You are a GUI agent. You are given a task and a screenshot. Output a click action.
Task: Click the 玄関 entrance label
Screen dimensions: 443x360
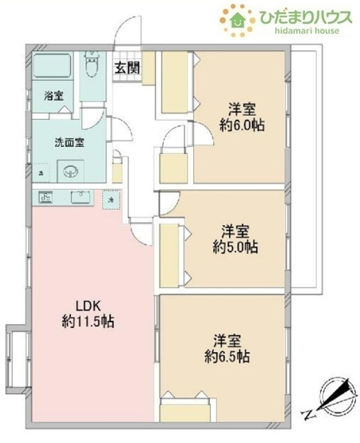(x=125, y=68)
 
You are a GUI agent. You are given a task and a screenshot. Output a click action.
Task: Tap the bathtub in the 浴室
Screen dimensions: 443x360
(x=51, y=69)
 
